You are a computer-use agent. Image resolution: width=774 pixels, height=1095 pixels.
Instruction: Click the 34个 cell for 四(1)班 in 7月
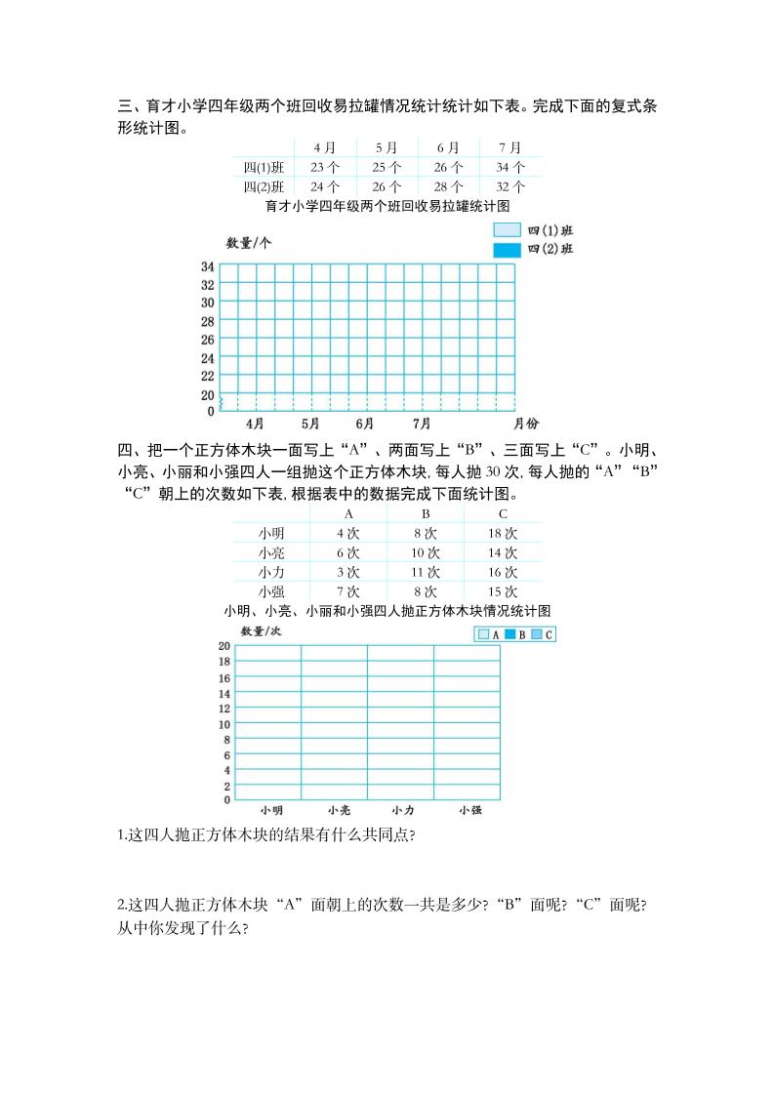tap(510, 167)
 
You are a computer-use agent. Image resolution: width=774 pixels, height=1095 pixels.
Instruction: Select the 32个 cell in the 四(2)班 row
tap(510, 186)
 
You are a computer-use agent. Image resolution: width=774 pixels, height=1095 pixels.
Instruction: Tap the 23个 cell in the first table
tap(325, 167)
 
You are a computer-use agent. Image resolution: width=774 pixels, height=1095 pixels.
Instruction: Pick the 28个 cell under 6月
tap(448, 186)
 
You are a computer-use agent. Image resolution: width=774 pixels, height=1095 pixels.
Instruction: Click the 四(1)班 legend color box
tap(507, 230)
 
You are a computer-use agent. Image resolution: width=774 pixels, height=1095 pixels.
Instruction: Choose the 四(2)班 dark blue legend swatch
tap(507, 250)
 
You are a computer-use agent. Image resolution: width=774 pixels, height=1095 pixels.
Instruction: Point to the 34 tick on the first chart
tap(208, 266)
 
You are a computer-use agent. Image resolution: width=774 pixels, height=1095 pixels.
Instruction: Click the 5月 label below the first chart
tap(310, 424)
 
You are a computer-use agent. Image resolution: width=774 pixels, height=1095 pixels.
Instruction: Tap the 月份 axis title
tap(525, 424)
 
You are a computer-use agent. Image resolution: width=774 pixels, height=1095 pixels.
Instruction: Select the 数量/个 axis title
tap(249, 243)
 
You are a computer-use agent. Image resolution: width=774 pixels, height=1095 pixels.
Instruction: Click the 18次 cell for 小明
tap(502, 534)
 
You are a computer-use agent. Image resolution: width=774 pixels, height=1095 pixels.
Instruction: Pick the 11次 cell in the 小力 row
tap(425, 572)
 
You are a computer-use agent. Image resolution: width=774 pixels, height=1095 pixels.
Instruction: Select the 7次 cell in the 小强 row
tap(347, 591)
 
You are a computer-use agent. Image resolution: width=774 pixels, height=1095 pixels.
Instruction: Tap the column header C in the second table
tap(503, 514)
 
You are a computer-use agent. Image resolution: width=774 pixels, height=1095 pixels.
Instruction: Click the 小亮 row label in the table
tap(271, 552)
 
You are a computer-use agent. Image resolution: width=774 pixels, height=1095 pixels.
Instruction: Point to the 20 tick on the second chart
tap(224, 647)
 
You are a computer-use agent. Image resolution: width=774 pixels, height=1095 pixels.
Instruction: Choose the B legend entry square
tap(509, 634)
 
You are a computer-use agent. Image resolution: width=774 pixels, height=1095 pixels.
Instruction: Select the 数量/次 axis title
tap(261, 631)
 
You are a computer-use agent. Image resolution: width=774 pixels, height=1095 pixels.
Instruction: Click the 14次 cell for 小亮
tap(502, 552)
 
